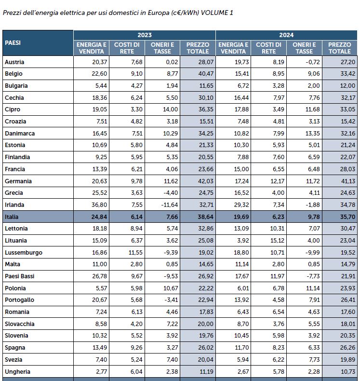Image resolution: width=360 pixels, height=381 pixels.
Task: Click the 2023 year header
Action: [144, 35]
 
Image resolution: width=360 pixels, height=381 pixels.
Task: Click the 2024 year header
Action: [286, 35]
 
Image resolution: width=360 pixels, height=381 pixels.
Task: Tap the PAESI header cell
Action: [13, 43]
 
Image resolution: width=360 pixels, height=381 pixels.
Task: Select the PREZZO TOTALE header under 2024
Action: [340, 48]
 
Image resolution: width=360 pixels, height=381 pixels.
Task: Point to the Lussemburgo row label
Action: [23, 253]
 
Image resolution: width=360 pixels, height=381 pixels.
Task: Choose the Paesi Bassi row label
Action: [19, 276]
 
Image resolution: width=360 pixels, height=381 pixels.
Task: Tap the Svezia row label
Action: [13, 360]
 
